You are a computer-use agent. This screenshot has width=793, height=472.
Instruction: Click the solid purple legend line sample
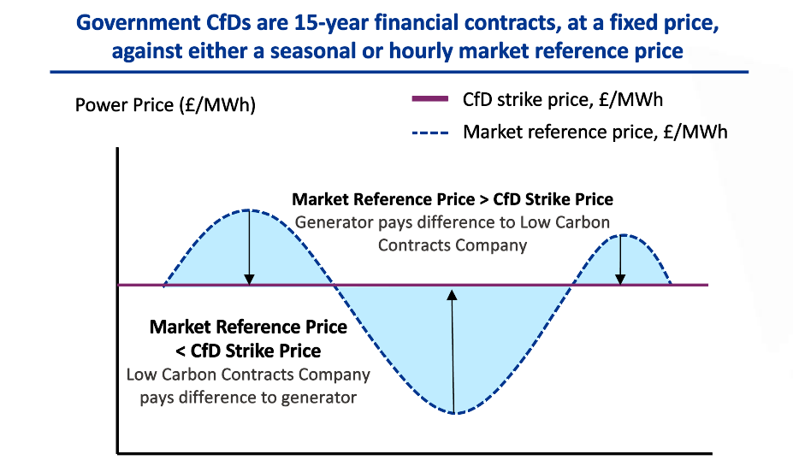coord(432,100)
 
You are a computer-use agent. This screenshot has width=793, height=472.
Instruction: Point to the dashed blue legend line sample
coord(432,133)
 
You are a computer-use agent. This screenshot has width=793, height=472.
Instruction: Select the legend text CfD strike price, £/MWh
coord(562,100)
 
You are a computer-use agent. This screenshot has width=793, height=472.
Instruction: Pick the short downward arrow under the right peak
coord(621,260)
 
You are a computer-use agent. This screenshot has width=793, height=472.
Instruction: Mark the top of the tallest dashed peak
coord(248,209)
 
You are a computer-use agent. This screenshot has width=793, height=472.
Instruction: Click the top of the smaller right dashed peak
coord(622,235)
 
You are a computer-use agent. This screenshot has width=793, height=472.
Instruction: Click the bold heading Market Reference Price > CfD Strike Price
coord(453,199)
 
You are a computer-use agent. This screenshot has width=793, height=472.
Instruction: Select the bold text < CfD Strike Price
coord(248,351)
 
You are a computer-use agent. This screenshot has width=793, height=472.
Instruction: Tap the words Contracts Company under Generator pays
coord(452,245)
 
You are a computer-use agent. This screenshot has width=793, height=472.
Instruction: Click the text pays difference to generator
coord(248,397)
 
